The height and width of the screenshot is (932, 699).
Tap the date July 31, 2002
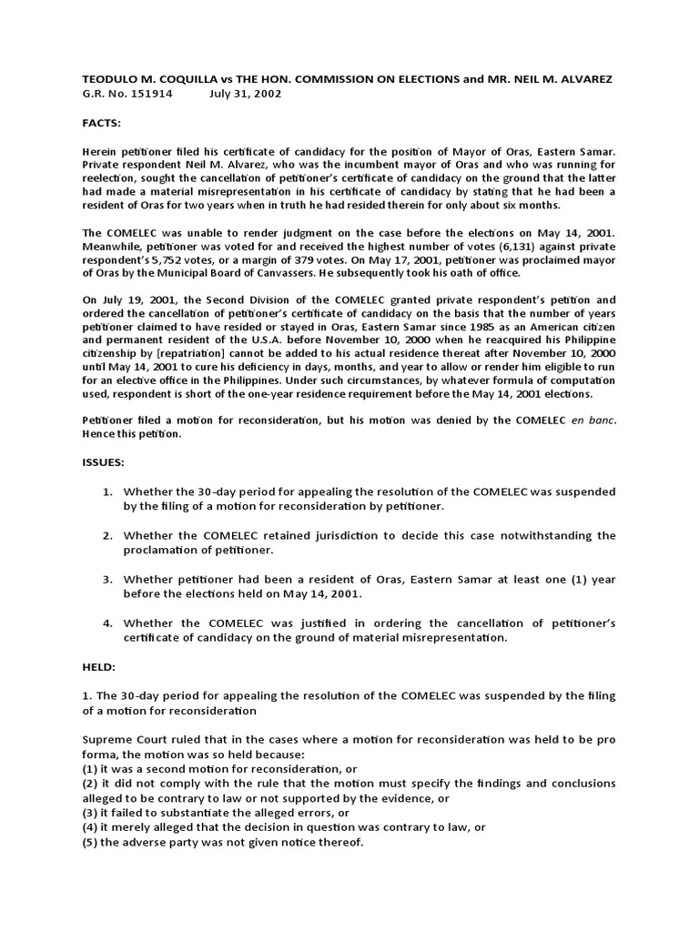pos(245,94)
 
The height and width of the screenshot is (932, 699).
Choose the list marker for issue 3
pos(107,579)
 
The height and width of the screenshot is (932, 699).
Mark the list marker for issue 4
pos(107,623)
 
